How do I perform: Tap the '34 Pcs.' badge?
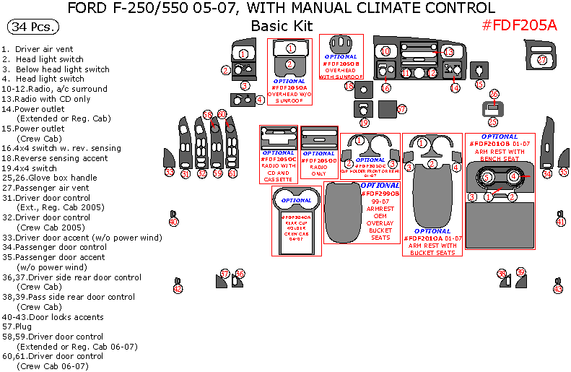34,27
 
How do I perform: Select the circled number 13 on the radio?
448,52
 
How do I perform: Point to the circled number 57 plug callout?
402,109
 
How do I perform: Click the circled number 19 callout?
365,123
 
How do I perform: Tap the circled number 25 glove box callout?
493,121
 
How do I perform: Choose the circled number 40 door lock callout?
173,222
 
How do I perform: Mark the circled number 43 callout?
557,289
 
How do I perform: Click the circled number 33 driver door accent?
169,172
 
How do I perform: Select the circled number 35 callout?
563,172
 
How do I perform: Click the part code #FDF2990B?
380,194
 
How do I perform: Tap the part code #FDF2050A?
289,87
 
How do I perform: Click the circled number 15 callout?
479,84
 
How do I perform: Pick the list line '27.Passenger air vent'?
54,188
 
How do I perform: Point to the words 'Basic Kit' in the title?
282,25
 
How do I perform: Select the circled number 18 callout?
349,87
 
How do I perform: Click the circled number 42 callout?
178,289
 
